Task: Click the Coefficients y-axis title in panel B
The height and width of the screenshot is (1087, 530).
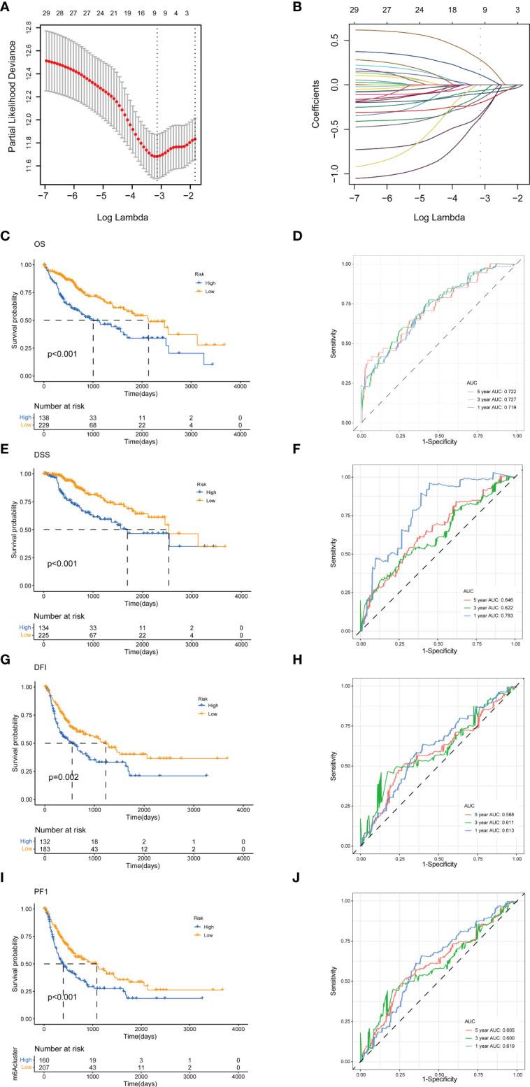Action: (x=315, y=101)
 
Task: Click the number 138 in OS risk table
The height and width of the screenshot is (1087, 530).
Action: (x=44, y=416)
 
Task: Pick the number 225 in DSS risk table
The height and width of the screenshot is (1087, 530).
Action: (x=44, y=634)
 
